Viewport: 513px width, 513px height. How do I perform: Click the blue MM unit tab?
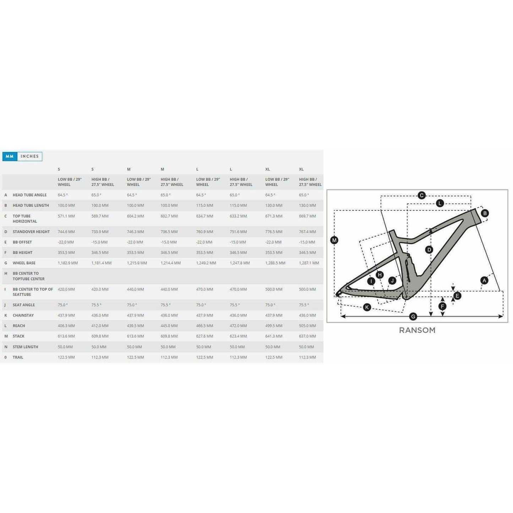[10, 156]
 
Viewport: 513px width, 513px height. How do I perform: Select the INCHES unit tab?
[29, 156]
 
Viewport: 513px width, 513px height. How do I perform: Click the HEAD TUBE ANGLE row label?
[29, 195]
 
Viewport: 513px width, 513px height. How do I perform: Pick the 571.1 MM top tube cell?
[66, 216]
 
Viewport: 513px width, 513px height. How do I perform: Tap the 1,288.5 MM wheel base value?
[275, 263]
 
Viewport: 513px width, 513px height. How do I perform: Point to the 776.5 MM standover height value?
[274, 232]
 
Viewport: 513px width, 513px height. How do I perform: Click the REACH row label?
[19, 326]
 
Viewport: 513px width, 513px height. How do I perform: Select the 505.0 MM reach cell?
[307, 326]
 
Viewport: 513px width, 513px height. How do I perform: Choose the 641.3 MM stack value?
[274, 336]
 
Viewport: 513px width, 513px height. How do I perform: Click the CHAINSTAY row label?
[23, 315]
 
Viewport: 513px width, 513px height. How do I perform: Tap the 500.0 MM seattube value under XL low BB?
[274, 289]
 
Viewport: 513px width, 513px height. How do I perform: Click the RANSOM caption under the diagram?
[417, 330]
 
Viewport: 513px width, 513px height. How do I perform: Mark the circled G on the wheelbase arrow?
[413, 316]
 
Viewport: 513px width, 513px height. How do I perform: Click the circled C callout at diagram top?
[421, 195]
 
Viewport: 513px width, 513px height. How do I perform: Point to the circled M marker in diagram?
[334, 240]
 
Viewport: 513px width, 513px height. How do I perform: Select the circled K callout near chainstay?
[367, 307]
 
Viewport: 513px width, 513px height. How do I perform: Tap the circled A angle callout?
[484, 280]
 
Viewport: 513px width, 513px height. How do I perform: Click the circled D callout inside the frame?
[429, 250]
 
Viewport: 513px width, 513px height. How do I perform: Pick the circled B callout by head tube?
[485, 213]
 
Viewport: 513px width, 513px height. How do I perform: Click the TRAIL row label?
[18, 357]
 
